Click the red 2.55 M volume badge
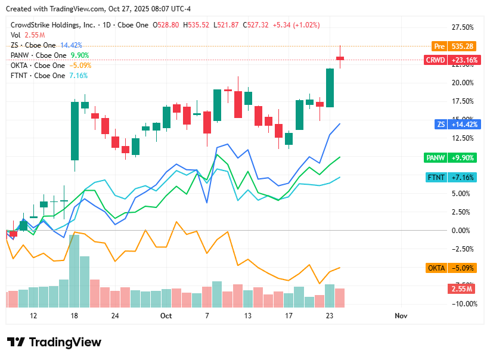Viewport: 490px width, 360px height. tap(461, 289)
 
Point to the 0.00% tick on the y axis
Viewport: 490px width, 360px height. tap(463, 231)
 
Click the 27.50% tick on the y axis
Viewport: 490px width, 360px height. tap(463, 27)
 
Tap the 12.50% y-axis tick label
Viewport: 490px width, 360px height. tap(463, 138)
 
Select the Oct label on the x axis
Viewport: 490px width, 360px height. tap(166, 316)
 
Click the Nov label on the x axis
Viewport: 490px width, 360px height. tap(401, 316)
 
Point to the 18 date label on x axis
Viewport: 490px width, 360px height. tap(74, 316)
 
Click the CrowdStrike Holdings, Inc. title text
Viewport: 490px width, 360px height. tap(52, 25)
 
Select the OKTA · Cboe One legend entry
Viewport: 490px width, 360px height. tap(38, 66)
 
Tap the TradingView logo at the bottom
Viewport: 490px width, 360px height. tap(54, 342)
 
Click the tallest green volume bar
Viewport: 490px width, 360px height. tap(75, 271)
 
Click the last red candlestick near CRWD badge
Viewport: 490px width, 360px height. tap(340, 58)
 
